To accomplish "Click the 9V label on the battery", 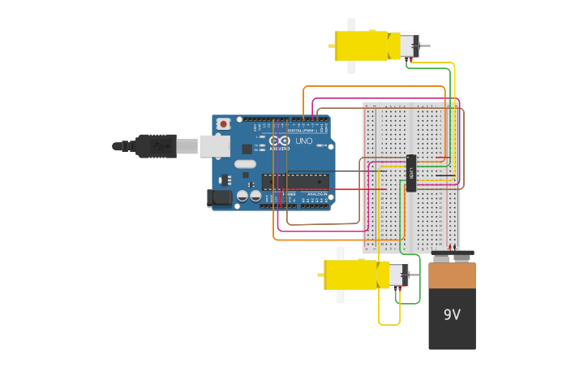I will [452, 314].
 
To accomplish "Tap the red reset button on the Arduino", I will [223, 123].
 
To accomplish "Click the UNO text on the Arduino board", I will [303, 141].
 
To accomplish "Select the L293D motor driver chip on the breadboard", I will [411, 173].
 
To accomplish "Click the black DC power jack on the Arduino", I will [219, 197].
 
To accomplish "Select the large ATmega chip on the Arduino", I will [296, 181].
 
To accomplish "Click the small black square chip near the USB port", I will [247, 149].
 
